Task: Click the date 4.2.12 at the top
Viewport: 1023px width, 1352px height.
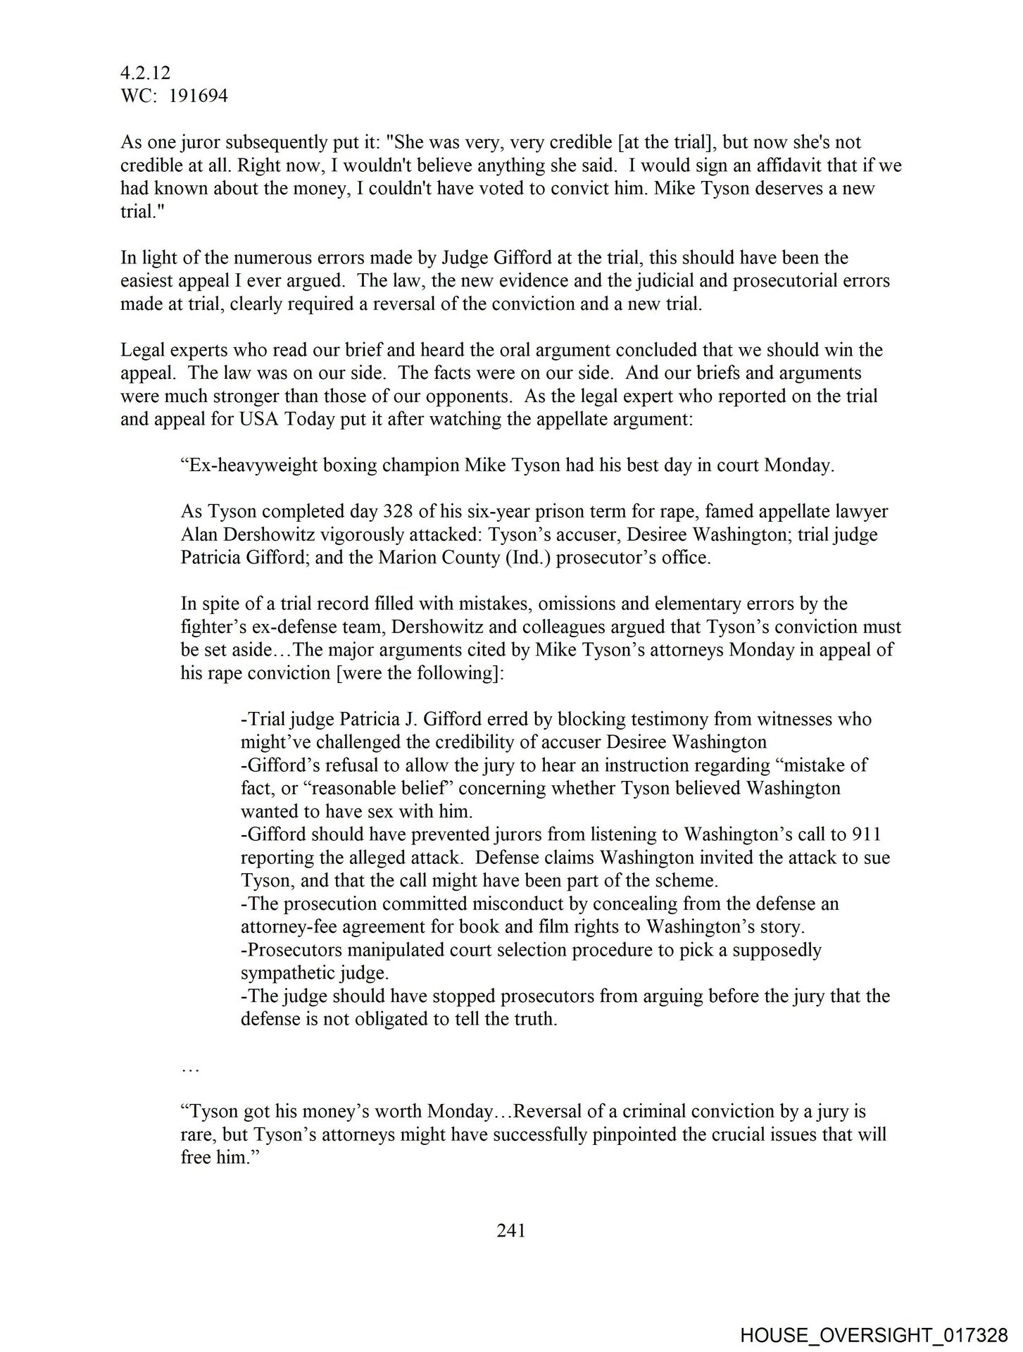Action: pyautogui.click(x=145, y=73)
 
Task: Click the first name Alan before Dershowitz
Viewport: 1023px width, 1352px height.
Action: pyautogui.click(x=201, y=535)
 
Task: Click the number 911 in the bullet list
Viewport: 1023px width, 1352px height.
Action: pyautogui.click(x=866, y=835)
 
